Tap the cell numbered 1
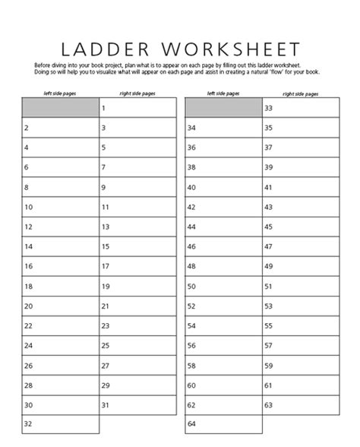137,109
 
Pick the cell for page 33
300,109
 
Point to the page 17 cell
137,266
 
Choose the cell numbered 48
223,266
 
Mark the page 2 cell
60,128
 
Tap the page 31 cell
137,404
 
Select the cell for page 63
300,404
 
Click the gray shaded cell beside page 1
60,108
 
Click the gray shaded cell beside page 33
223,108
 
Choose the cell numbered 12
60,227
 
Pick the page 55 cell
300,325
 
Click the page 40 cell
223,187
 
